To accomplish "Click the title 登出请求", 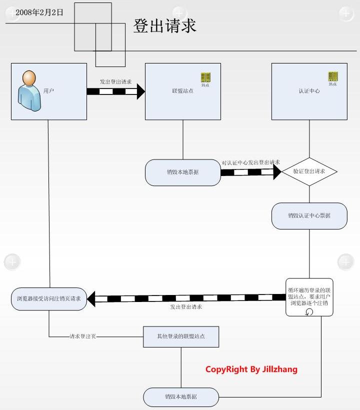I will pyautogui.click(x=164, y=26).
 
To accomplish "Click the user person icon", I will pyautogui.click(x=29, y=90).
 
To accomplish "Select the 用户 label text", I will pyautogui.click(x=49, y=91).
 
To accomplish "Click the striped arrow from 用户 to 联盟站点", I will pyautogui.click(x=115, y=91).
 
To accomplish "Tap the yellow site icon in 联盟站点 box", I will pyautogui.click(x=205, y=77).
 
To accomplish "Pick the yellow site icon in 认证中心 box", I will pyautogui.click(x=332, y=76).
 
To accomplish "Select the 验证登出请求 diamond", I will pyautogui.click(x=309, y=171).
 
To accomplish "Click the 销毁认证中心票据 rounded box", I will pyautogui.click(x=309, y=216).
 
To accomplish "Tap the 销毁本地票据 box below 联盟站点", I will pyautogui.click(x=182, y=172).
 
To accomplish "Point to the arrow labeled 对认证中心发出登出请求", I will pyautogui.click(x=250, y=172).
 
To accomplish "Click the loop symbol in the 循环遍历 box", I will pyautogui.click(x=309, y=311).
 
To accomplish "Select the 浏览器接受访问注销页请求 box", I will pyautogui.click(x=49, y=299).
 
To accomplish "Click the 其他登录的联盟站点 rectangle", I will pyautogui.click(x=181, y=336).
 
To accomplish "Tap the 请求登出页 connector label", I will pyautogui.click(x=82, y=336).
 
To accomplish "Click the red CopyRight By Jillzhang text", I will pyautogui.click(x=251, y=369).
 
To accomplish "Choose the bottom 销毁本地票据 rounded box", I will pyautogui.click(x=181, y=397).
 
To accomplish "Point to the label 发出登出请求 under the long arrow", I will pyautogui.click(x=186, y=307).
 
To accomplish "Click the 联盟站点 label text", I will pyautogui.click(x=182, y=91).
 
